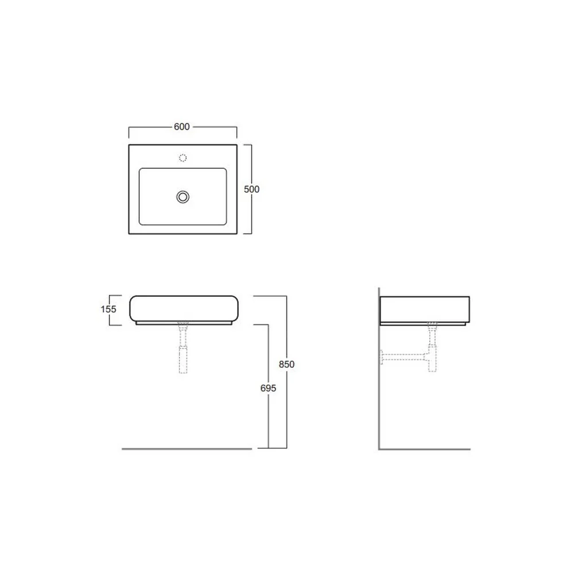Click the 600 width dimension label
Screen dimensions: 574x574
tap(181, 127)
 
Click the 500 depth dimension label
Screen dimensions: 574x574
tap(251, 189)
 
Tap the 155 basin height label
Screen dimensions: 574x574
tap(108, 309)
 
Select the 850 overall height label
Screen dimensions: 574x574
tap(286, 364)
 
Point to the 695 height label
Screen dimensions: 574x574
tap(268, 388)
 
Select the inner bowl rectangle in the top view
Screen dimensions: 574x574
tap(139, 196)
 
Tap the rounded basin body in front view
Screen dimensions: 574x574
tap(184, 296)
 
